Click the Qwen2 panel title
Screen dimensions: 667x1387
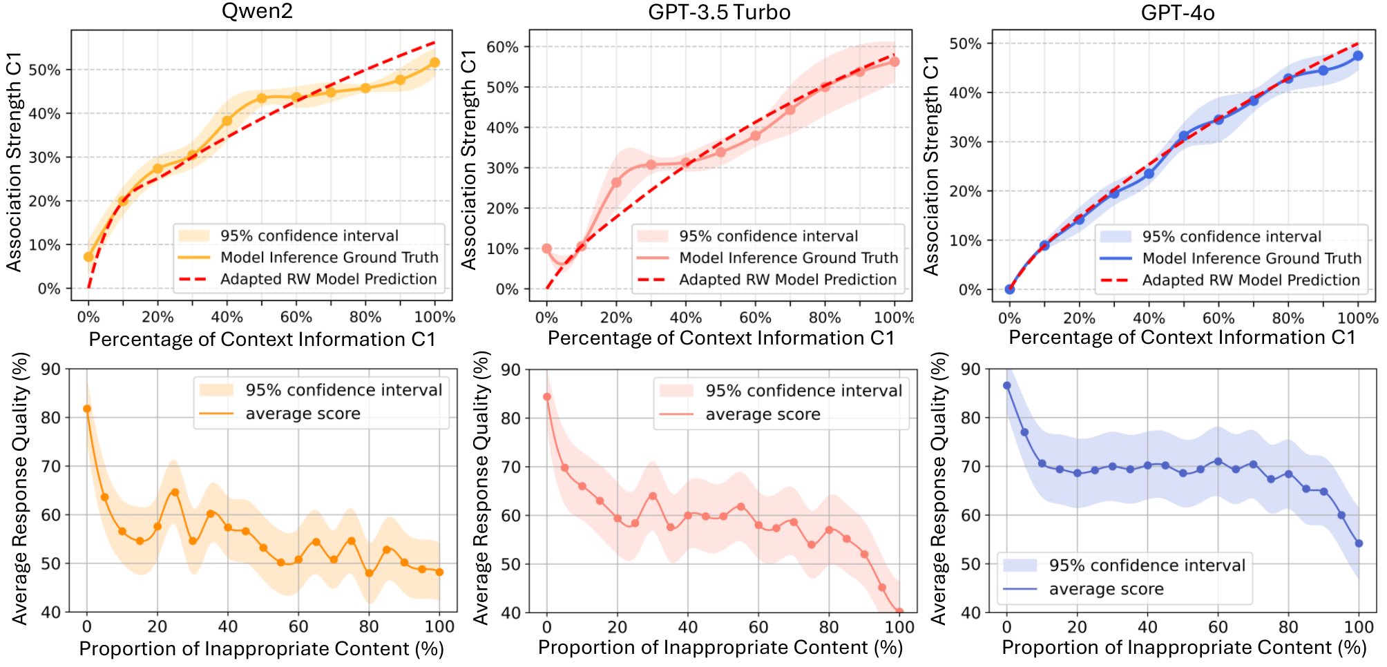(x=257, y=11)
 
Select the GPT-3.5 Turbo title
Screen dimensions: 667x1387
(x=719, y=12)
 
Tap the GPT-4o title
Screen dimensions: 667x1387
(x=1178, y=12)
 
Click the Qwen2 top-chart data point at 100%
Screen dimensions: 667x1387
(x=434, y=63)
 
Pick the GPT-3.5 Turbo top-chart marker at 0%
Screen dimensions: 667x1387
(x=546, y=249)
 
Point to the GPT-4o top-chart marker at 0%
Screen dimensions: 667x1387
(x=1010, y=289)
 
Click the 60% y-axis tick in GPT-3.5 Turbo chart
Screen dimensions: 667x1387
(x=503, y=47)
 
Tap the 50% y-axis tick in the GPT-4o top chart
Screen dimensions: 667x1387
(x=965, y=43)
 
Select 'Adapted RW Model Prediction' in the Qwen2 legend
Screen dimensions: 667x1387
(x=328, y=279)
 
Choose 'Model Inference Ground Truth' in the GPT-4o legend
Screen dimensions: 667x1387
(x=1252, y=258)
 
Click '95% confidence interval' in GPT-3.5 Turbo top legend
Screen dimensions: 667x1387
(x=768, y=236)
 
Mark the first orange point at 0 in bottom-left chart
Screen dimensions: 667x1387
(x=87, y=409)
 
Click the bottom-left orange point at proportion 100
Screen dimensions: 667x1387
(x=439, y=572)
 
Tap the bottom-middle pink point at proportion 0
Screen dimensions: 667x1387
(x=547, y=397)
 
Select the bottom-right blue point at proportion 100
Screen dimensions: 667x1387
(x=1359, y=543)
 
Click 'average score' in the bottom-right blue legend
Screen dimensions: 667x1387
(x=1106, y=589)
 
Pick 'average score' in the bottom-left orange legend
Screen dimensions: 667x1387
(x=303, y=414)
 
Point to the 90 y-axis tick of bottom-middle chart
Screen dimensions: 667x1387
(x=511, y=369)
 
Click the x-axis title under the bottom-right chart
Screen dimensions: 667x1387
(x=1184, y=648)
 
